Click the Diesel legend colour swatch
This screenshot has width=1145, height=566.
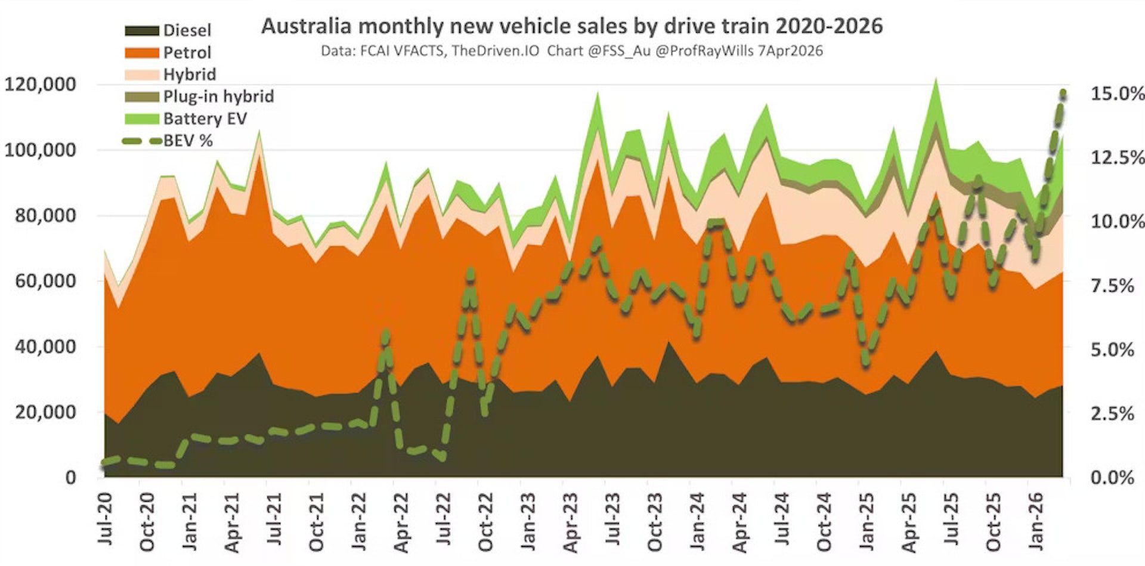[x=141, y=30]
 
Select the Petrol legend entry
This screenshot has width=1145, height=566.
[x=187, y=52]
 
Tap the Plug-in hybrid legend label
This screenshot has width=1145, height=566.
[x=218, y=97]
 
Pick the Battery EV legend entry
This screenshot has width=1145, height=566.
[x=205, y=119]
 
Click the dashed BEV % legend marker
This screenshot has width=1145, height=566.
[x=142, y=141]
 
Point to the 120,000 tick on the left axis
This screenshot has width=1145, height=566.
[x=41, y=84]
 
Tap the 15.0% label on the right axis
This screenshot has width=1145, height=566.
[x=1117, y=94]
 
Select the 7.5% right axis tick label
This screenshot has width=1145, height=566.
[x=1112, y=286]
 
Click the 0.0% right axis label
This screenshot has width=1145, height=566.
[x=1112, y=477]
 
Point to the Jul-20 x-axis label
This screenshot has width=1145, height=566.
[x=106, y=519]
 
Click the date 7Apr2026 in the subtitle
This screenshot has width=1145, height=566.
[x=790, y=51]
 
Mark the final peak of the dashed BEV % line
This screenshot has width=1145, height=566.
[x=1063, y=93]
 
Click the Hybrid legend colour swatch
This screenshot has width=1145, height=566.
[x=141, y=75]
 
